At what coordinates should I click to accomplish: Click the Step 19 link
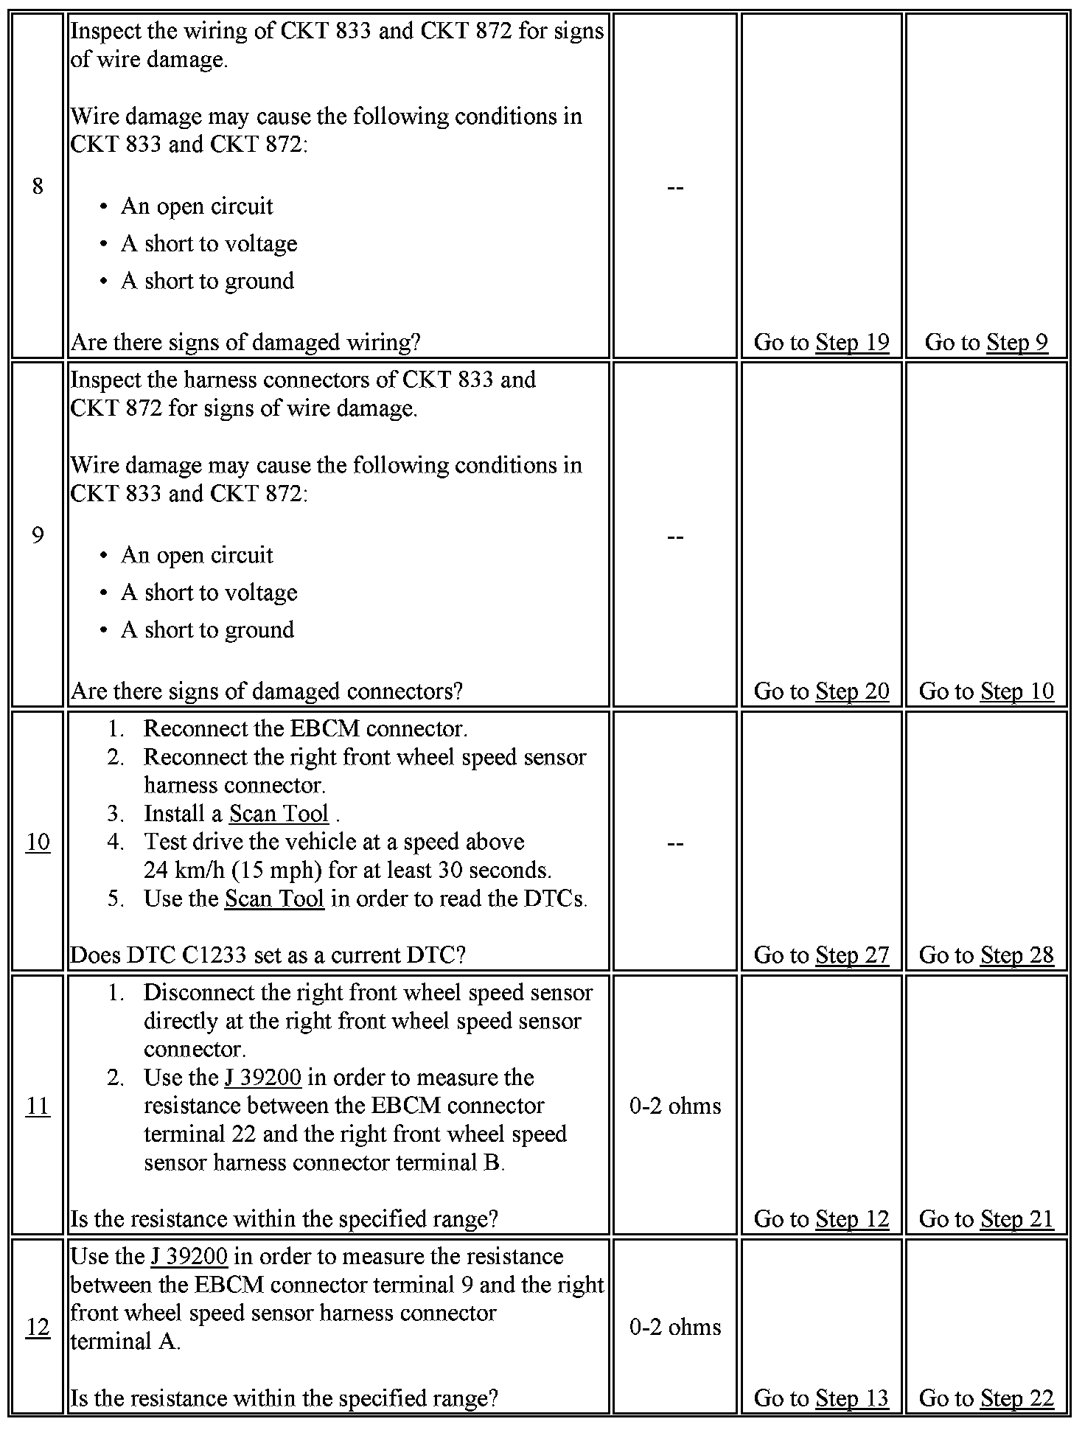click(852, 342)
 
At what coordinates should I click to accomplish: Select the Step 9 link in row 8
click(1016, 342)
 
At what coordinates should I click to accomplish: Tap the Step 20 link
click(852, 691)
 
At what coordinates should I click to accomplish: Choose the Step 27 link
click(852, 955)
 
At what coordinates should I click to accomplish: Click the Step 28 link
click(1016, 955)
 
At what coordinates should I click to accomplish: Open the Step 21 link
click(1016, 1218)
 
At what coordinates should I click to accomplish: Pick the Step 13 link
click(852, 1398)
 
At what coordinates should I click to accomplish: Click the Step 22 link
click(1016, 1398)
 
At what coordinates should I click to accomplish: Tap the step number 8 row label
click(38, 186)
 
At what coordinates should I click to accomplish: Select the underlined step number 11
click(38, 1106)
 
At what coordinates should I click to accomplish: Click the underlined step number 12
click(38, 1327)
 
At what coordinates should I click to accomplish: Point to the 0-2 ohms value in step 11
click(675, 1106)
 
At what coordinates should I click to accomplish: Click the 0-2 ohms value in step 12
click(675, 1327)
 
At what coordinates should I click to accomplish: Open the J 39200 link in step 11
click(263, 1078)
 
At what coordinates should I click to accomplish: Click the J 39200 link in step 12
click(189, 1256)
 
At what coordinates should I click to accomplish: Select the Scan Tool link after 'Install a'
click(279, 813)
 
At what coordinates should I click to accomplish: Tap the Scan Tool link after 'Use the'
click(274, 899)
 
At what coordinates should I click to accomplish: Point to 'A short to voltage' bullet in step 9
click(209, 593)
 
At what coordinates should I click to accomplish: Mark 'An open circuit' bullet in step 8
click(197, 206)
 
